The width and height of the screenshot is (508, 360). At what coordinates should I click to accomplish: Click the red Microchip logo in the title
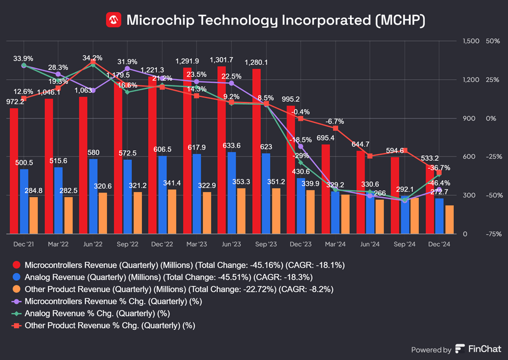[114, 20]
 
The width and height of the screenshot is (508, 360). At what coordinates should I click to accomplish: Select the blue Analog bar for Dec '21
[24, 201]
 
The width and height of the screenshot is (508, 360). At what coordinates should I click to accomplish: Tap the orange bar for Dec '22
[172, 212]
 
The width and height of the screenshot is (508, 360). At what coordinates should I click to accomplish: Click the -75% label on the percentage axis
[492, 234]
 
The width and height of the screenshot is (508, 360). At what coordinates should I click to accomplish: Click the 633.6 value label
[232, 145]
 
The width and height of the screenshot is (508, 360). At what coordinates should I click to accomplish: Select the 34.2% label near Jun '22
[92, 58]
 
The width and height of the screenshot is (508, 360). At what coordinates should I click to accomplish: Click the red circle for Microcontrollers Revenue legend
[16, 265]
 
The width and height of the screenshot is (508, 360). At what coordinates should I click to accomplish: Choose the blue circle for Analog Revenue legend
[16, 277]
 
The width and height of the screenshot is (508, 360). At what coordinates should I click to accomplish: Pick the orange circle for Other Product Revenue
[16, 289]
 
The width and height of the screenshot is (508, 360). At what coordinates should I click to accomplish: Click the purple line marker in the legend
[16, 301]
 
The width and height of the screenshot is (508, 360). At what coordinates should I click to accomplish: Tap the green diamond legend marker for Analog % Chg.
[16, 313]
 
